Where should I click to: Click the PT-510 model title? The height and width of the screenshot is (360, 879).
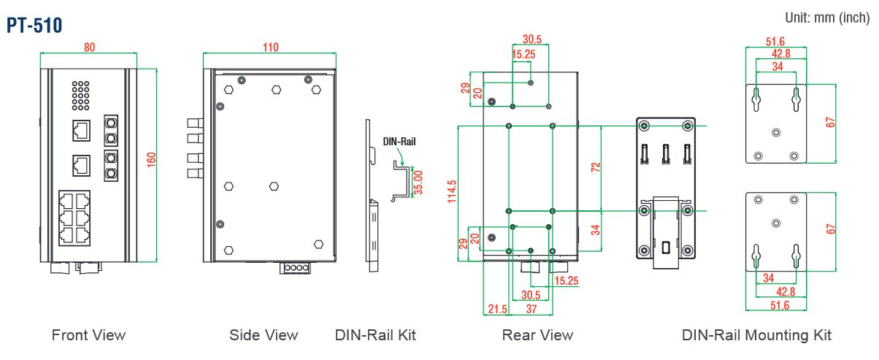point(34,25)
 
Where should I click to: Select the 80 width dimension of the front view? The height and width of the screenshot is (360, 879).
point(89,47)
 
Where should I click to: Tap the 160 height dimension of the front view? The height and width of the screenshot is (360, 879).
point(151,159)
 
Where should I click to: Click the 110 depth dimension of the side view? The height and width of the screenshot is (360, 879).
point(270,47)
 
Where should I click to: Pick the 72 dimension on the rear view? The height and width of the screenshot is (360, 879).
point(596,167)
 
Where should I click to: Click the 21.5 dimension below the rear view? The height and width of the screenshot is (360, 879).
point(496,310)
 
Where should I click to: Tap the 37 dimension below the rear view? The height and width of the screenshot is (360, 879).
point(531,310)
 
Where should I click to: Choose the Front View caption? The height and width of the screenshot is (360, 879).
point(88,335)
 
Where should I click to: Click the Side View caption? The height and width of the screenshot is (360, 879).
point(264,335)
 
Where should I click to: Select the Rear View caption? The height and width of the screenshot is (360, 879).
point(537,335)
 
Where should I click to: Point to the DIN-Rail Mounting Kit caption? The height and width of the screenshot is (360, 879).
point(756,335)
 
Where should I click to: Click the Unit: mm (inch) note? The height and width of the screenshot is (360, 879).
point(826,18)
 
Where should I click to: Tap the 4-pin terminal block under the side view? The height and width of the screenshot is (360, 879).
point(294,268)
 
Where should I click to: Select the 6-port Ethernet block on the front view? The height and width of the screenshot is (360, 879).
point(74,217)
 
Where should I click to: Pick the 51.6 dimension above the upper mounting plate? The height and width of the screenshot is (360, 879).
point(775,42)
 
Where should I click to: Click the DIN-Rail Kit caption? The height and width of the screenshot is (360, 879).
point(375,335)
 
